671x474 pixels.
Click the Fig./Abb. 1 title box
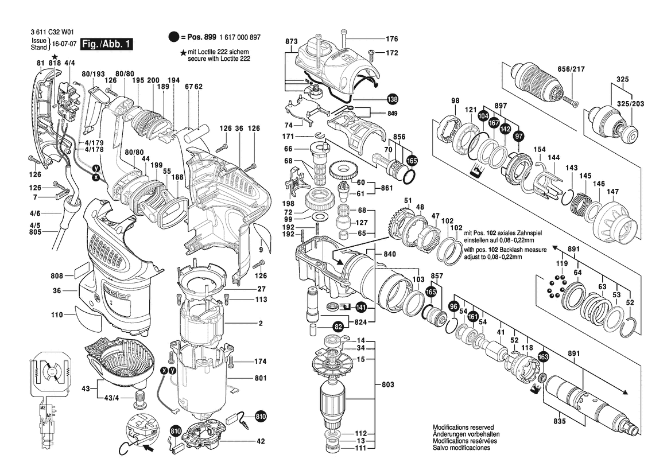pos(107,44)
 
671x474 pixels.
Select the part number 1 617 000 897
pos(241,37)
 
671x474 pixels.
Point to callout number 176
pos(391,39)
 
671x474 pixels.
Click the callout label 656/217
pos(571,69)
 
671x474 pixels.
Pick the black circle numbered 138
pos(392,98)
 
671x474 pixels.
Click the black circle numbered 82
pos(338,326)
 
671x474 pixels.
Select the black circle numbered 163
pos(543,356)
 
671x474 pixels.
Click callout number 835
pos(560,422)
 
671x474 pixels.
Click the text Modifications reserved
pos(463,428)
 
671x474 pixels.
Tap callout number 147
pos(613,191)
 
